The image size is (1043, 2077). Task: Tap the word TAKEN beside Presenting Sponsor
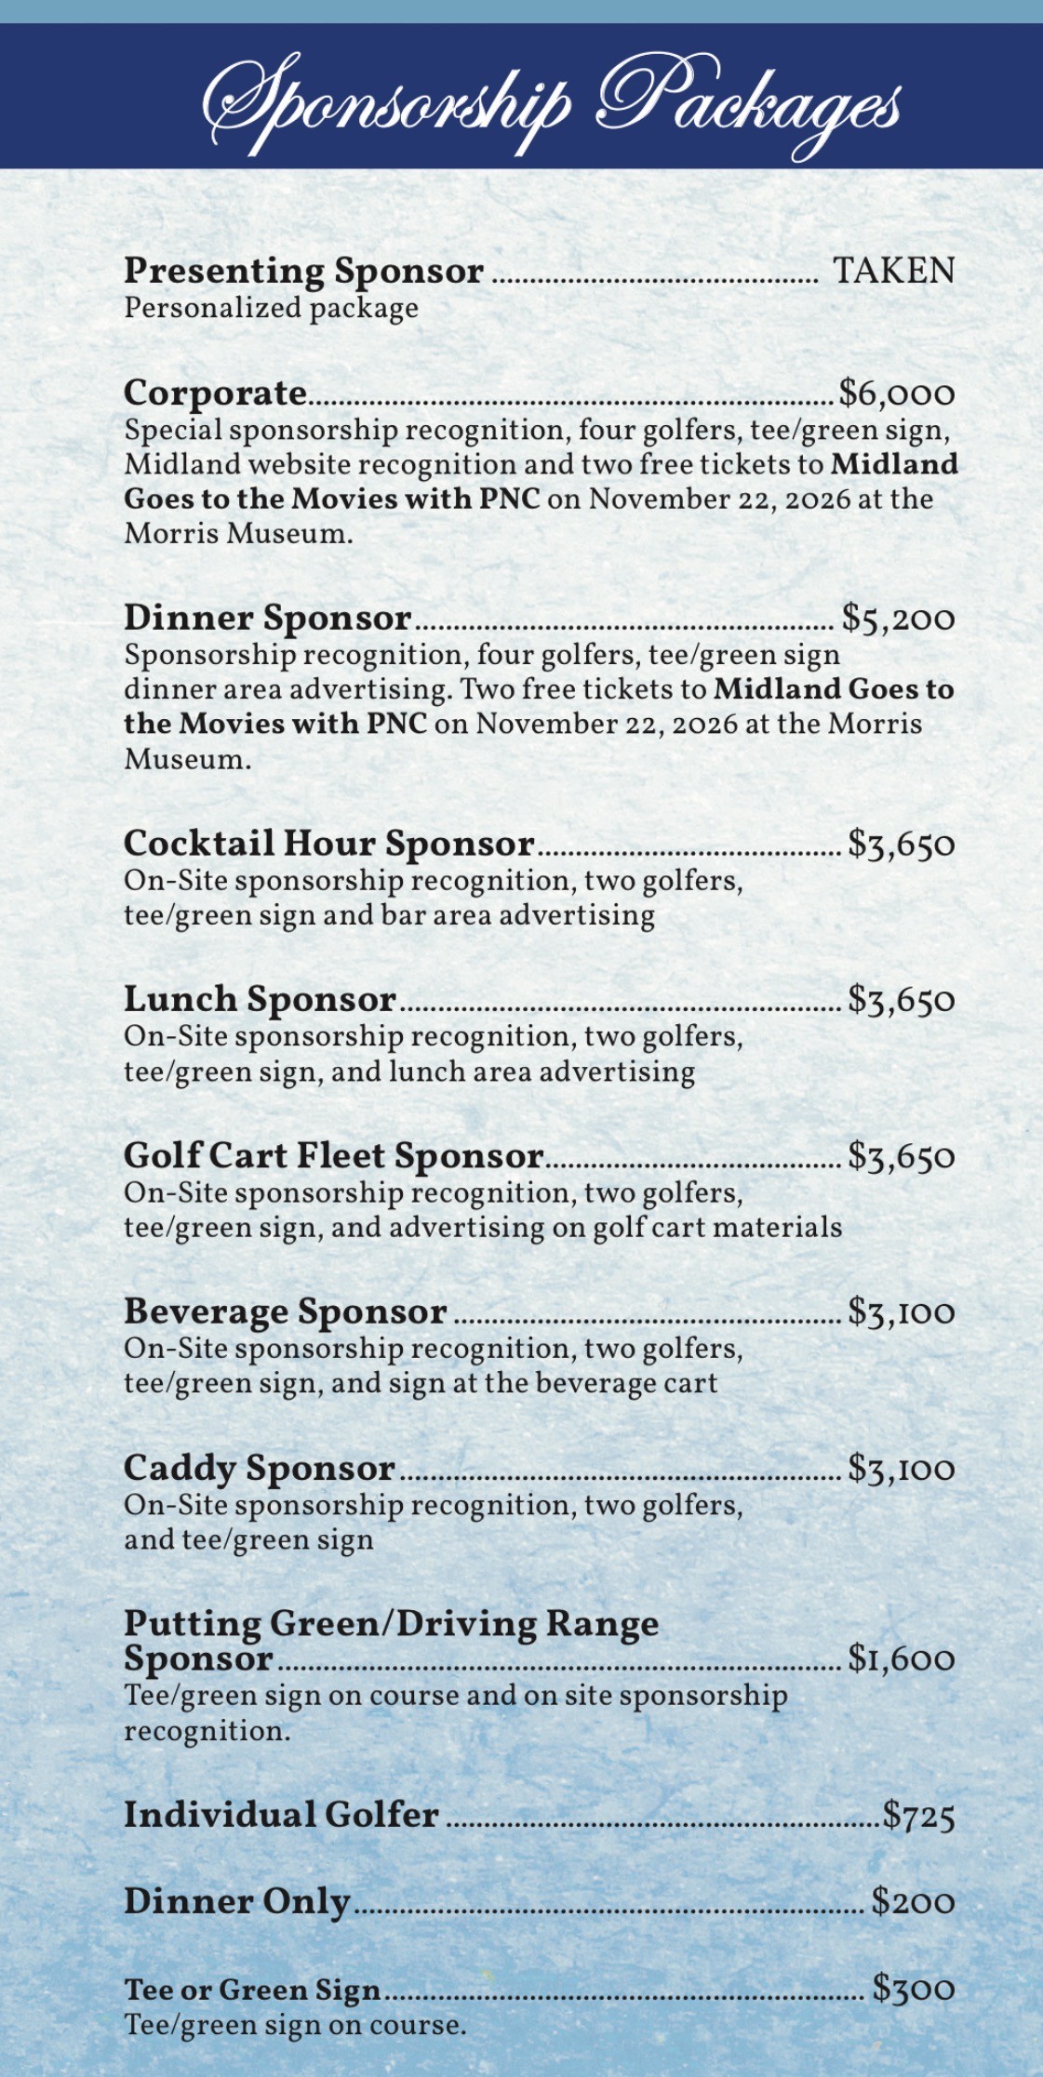click(893, 271)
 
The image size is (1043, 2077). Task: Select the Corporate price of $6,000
click(897, 393)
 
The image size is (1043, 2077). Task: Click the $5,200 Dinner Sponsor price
click(898, 619)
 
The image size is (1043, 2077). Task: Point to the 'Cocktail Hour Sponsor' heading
click(329, 844)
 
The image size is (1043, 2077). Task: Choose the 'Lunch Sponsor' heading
click(261, 1000)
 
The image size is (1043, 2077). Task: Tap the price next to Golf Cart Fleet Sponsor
click(901, 1156)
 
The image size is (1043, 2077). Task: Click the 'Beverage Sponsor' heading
click(286, 1311)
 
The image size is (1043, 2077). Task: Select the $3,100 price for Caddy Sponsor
click(901, 1469)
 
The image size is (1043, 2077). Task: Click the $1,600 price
click(901, 1658)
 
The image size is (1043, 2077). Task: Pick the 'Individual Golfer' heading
click(281, 1815)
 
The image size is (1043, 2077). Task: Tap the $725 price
click(918, 1815)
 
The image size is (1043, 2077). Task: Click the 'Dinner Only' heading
click(237, 1901)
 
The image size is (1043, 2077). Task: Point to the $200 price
click(913, 1901)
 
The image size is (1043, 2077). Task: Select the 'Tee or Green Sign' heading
click(252, 1990)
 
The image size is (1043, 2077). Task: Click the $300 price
click(913, 1989)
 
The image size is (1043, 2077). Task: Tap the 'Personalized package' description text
click(271, 308)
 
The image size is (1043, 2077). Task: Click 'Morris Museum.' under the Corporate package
click(238, 534)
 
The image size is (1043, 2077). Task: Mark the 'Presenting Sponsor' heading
click(303, 271)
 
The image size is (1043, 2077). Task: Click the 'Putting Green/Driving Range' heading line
click(391, 1624)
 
